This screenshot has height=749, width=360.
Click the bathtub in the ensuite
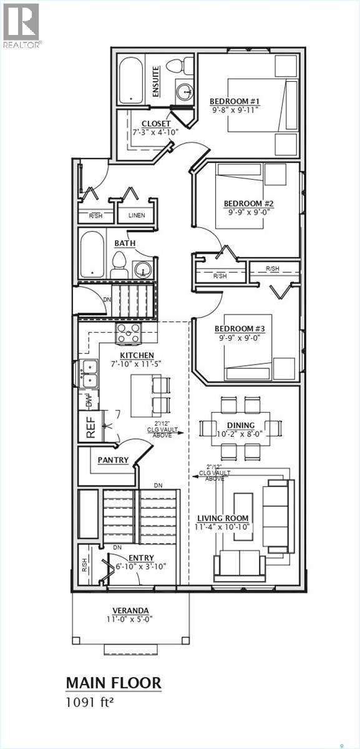click(131, 80)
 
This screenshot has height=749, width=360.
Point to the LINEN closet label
click(137, 215)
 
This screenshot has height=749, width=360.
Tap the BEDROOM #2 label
click(249, 203)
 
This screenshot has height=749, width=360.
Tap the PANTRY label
click(113, 460)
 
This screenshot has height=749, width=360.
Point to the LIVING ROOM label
click(223, 518)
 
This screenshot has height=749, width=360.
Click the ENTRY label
click(141, 558)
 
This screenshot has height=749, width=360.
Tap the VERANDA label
click(130, 610)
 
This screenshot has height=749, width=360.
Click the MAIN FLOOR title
click(114, 683)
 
